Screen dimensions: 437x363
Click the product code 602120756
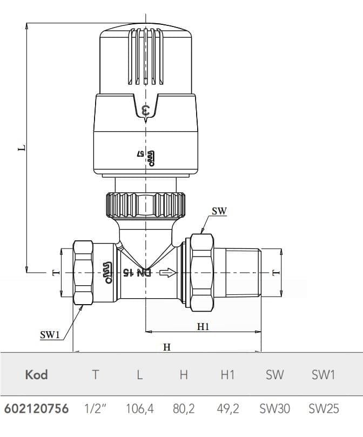36,409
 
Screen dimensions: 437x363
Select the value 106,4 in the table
139,409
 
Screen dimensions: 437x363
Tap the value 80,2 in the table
184,409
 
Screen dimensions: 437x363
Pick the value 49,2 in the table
227,409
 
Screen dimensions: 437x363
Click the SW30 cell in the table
274,409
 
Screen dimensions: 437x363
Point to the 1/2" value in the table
95,409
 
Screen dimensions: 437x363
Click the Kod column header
36,374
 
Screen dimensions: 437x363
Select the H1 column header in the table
227,374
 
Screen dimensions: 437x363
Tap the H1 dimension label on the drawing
203,326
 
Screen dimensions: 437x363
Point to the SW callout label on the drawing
219,212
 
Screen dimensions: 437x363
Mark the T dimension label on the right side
276,272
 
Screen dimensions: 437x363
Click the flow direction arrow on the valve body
168,273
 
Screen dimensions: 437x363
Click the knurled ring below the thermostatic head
146,205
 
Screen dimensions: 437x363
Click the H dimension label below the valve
167,347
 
